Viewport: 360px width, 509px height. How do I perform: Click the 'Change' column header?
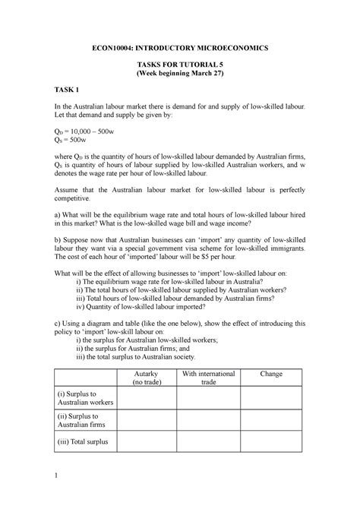click(x=271, y=374)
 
